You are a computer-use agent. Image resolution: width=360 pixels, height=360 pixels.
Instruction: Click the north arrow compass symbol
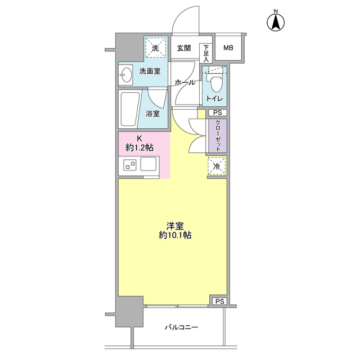(x=276, y=22)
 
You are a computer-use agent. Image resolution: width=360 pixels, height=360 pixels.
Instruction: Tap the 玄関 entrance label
(x=184, y=48)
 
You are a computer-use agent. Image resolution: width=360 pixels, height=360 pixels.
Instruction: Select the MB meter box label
(x=228, y=48)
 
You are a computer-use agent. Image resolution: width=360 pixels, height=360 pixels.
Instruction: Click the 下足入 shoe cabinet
(x=206, y=53)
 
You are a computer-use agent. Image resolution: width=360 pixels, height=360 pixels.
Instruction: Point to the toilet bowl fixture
(x=215, y=83)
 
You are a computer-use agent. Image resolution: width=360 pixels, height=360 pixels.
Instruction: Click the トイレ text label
(x=215, y=99)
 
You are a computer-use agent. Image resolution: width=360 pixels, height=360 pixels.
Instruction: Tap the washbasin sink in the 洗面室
(x=125, y=74)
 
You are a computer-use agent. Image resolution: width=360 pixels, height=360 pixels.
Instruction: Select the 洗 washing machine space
(x=156, y=48)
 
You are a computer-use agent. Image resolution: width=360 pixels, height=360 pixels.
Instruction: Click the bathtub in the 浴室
(x=129, y=109)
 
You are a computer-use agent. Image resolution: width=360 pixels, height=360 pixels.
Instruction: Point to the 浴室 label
(x=152, y=114)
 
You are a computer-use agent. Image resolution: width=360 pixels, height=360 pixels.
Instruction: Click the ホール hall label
(x=185, y=83)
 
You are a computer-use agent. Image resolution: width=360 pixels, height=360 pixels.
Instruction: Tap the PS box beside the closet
(x=218, y=112)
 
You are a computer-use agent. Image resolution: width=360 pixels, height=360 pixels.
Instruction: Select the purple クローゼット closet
(x=218, y=136)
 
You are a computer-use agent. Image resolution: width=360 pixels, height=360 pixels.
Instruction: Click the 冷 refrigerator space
(x=217, y=166)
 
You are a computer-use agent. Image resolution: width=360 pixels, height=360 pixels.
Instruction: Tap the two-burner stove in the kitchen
(x=130, y=165)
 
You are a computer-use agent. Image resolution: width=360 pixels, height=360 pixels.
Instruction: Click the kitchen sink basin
(x=148, y=164)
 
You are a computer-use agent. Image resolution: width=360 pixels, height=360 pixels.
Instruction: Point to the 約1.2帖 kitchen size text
(x=139, y=147)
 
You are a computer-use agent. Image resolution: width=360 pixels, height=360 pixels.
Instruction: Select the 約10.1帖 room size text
(x=175, y=235)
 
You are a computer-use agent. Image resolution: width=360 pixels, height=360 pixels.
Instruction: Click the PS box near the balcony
(x=219, y=301)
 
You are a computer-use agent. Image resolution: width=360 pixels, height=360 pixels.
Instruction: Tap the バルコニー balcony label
(x=181, y=327)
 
